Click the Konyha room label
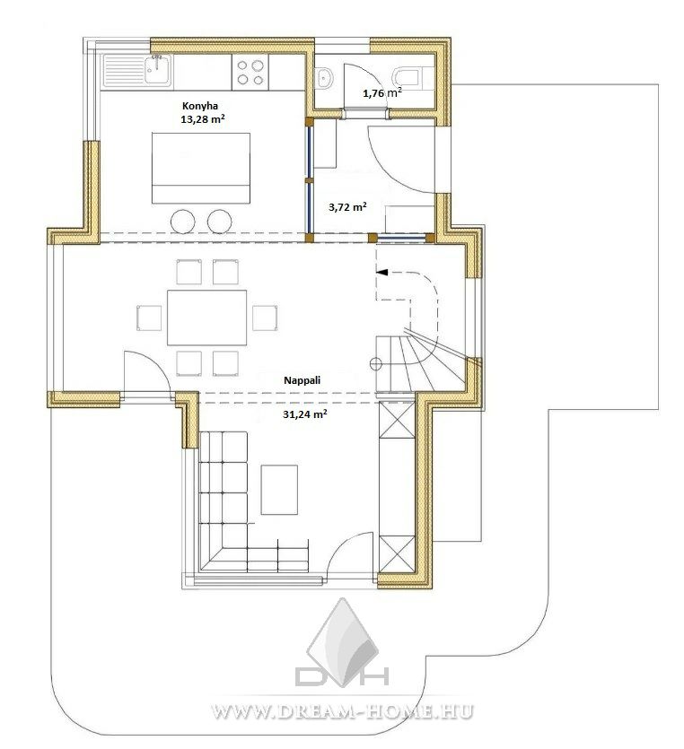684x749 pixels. tap(200, 106)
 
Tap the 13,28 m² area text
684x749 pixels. tap(203, 119)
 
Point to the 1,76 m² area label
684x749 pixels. tap(381, 92)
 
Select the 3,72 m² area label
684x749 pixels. tap(347, 207)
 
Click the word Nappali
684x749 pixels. tap(303, 380)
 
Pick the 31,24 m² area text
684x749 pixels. tap(305, 414)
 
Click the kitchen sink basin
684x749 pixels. tap(158, 70)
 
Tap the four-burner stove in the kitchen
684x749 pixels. tap(250, 72)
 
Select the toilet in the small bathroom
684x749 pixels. tap(408, 77)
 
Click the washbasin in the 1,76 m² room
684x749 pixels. tap(325, 77)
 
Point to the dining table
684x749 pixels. tap(207, 318)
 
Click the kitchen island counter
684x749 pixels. tap(201, 168)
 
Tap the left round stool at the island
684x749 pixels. tap(182, 222)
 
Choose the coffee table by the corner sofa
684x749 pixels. tap(279, 490)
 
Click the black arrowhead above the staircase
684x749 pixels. tap(381, 272)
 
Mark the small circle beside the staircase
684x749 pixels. tap(376, 364)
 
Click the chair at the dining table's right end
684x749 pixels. tap(265, 318)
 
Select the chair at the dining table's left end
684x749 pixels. tap(149, 318)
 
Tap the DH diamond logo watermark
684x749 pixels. tap(342, 642)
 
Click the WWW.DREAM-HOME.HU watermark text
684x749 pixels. tap(342, 711)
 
